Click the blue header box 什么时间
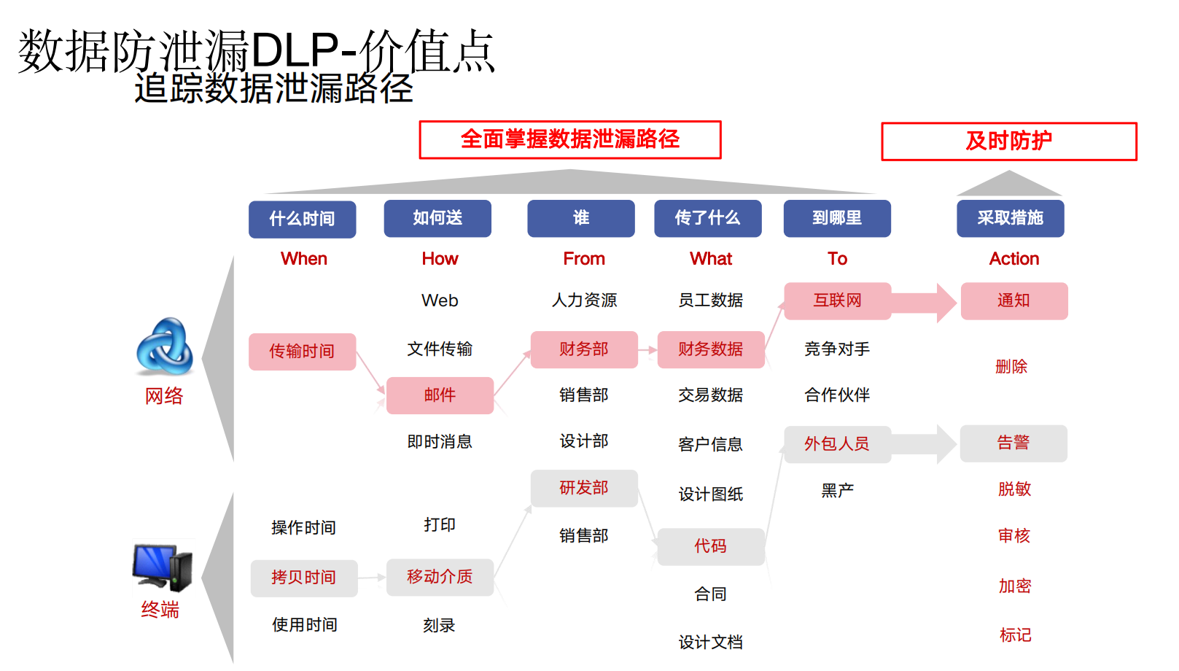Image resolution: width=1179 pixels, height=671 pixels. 302,219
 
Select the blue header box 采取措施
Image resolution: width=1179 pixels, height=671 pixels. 1010,218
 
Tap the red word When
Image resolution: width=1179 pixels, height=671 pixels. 304,259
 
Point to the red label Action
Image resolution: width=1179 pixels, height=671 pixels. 1013,259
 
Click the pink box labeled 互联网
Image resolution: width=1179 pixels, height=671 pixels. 837,300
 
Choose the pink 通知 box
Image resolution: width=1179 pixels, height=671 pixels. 1013,300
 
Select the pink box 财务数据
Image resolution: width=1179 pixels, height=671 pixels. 710,349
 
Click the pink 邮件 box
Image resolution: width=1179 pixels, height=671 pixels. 440,395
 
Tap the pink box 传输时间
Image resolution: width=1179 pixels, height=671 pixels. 302,352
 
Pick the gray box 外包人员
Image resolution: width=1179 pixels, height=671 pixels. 837,444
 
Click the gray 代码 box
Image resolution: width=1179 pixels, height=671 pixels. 710,546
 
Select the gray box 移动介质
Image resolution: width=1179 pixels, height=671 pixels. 440,577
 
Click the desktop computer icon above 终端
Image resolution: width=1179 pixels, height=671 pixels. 163,567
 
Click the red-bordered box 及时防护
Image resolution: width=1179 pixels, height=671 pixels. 1008,141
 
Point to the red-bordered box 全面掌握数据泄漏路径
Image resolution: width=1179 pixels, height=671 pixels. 569,139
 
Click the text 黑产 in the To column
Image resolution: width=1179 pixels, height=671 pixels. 837,490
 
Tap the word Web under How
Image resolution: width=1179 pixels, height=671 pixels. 440,300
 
